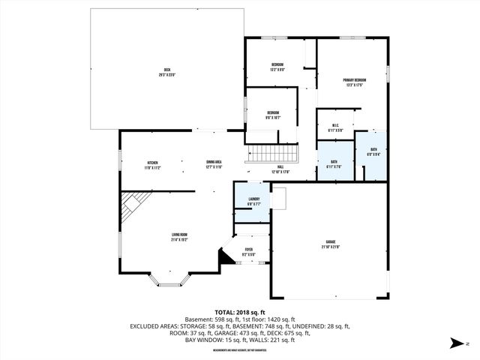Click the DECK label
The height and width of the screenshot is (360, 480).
(x=166, y=72)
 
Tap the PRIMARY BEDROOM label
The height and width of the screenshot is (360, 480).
(x=355, y=82)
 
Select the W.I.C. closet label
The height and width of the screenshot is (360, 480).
(x=334, y=127)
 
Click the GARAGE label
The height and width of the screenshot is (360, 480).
(x=330, y=244)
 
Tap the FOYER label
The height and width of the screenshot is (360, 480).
(x=249, y=252)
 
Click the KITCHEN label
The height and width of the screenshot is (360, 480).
(x=152, y=164)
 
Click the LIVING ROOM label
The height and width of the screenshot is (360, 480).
(x=178, y=238)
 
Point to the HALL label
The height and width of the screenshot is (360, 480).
(x=280, y=169)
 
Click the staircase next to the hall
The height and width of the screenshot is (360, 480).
(x=273, y=155)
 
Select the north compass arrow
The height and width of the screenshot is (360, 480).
(x=456, y=344)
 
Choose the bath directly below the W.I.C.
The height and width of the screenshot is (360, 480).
(x=334, y=165)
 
